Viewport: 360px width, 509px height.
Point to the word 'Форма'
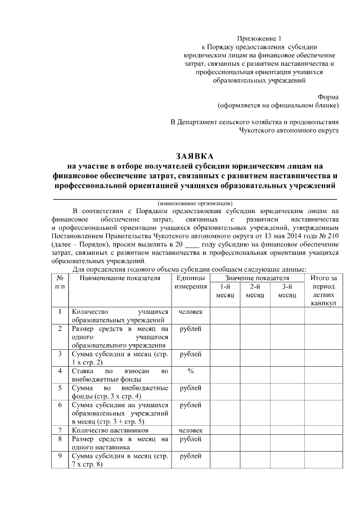[x=328, y=96]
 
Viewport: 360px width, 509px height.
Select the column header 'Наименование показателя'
[x=119, y=278]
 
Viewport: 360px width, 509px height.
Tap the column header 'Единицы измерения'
[x=190, y=282]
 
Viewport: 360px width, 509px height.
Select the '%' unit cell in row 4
[x=190, y=371]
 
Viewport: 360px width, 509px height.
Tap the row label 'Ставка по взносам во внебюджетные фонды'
[x=119, y=375]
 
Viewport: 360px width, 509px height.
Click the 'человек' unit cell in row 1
[x=190, y=312]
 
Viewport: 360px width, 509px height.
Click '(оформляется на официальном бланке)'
[x=278, y=105]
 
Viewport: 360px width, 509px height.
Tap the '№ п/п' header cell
[x=59, y=282]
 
